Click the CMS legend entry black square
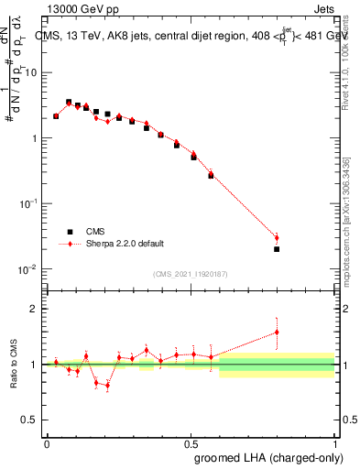click(69, 232)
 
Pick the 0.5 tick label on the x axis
click(191, 443)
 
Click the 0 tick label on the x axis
click(47, 443)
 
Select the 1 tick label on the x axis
click(334, 443)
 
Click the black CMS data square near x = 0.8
click(277, 248)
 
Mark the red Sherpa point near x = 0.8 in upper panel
click(277, 238)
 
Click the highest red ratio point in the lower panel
click(277, 332)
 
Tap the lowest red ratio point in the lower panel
click(107, 386)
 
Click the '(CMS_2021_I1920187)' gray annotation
click(191, 274)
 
